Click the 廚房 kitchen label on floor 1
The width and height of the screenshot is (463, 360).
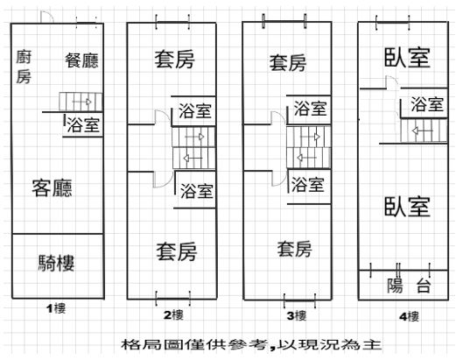(x=24, y=67)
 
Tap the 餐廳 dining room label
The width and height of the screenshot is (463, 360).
(x=81, y=60)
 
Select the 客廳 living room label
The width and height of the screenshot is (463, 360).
(x=52, y=188)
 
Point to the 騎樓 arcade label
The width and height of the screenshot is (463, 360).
(x=56, y=263)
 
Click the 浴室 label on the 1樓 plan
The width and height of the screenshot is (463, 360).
(x=83, y=124)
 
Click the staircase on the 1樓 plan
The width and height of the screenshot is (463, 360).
(x=81, y=102)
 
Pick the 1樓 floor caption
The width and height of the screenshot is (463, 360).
(x=56, y=309)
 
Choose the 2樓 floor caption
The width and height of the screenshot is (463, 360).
(x=173, y=315)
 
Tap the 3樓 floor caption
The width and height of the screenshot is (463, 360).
(x=297, y=316)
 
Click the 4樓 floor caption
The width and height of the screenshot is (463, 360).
(x=409, y=317)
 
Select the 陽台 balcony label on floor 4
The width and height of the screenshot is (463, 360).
(x=409, y=286)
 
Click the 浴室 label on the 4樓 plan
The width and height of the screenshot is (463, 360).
(x=427, y=104)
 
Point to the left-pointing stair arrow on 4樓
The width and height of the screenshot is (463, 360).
(x=422, y=131)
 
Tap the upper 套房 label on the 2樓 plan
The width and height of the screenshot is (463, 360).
(x=175, y=60)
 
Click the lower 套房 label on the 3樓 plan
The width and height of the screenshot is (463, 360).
(x=294, y=249)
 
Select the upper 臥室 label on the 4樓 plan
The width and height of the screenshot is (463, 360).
(x=407, y=57)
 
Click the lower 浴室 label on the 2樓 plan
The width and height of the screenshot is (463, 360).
(x=197, y=191)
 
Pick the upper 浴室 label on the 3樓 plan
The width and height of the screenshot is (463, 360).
(x=311, y=109)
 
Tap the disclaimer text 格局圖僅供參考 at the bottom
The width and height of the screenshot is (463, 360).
(x=195, y=344)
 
